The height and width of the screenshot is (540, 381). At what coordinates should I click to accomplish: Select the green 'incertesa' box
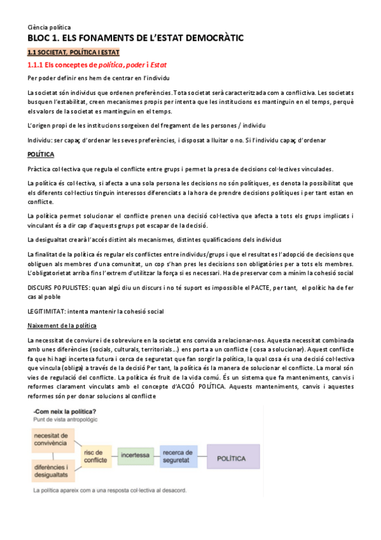click(x=135, y=456)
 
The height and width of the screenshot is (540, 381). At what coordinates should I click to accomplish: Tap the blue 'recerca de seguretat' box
click(x=179, y=456)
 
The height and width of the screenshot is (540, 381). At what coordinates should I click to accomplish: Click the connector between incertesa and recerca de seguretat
click(x=156, y=456)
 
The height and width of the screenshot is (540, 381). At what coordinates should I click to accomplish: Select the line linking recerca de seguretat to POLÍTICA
click(x=202, y=456)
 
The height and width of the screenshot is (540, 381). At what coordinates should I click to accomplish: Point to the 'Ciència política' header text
click(x=49, y=27)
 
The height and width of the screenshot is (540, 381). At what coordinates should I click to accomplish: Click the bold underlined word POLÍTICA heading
click(x=41, y=155)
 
